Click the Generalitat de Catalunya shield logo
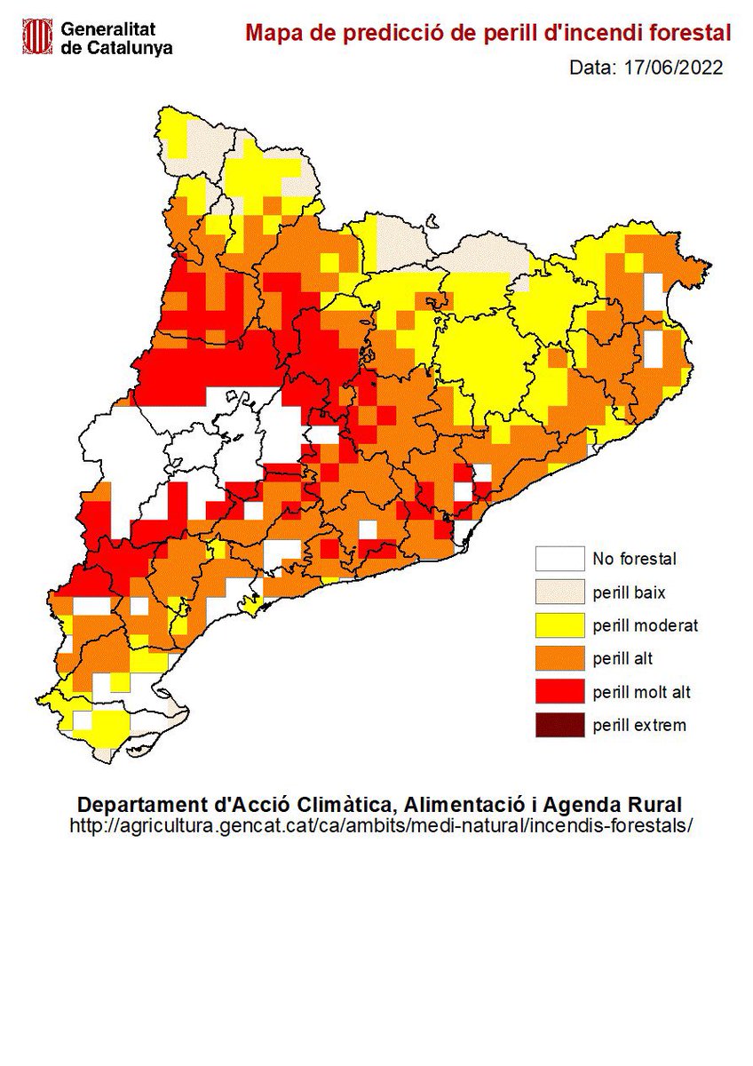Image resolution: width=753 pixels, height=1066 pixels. point(37,36)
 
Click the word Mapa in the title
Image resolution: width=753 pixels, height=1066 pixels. point(271,34)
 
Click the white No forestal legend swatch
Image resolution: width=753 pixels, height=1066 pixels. point(559,559)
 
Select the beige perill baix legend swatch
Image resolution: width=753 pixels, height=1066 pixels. point(559,592)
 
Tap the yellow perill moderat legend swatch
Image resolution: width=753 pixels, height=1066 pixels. point(559,625)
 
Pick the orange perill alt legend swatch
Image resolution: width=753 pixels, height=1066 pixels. point(559,658)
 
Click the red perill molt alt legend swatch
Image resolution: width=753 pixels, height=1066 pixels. point(559,691)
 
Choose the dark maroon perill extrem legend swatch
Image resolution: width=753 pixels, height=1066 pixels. point(559,725)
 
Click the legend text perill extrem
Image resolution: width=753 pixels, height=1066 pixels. point(639,725)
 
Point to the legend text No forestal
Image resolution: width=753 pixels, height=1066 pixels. point(634,559)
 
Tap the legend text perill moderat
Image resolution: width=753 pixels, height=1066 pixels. point(646,625)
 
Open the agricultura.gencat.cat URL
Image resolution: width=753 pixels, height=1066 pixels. point(379,825)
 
